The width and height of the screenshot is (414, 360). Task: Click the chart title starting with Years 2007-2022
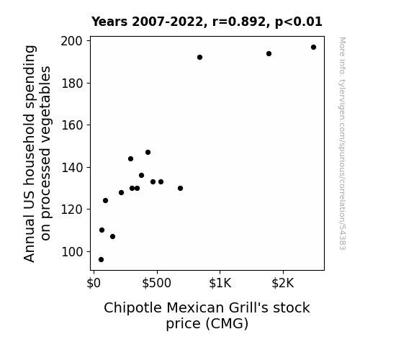click(x=207, y=22)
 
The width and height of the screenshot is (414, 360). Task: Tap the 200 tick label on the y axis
click(x=71, y=41)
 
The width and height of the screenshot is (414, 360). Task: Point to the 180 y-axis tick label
click(x=72, y=84)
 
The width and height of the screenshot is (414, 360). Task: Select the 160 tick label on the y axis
click(x=72, y=125)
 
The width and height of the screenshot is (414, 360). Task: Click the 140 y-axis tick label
click(x=72, y=168)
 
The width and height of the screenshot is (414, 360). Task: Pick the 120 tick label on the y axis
click(x=72, y=210)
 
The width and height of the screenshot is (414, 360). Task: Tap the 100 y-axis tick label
click(x=72, y=252)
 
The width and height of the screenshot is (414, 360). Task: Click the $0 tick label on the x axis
click(x=94, y=283)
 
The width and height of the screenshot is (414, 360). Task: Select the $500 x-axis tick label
click(x=156, y=283)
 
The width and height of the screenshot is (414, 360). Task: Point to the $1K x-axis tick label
click(x=220, y=283)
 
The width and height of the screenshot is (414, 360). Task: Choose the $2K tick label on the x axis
click(x=283, y=283)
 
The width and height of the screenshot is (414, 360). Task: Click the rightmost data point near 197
click(x=313, y=48)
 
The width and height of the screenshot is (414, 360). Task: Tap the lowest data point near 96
click(x=101, y=260)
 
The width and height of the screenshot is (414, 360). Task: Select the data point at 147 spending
click(x=148, y=153)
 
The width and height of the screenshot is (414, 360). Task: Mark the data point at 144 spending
click(x=130, y=158)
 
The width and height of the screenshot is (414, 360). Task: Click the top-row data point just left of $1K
click(x=199, y=58)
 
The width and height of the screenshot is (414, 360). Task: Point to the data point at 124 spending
click(x=105, y=200)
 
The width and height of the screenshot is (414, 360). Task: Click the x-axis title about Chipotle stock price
click(x=207, y=315)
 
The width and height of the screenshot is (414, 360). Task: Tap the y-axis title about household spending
click(x=37, y=153)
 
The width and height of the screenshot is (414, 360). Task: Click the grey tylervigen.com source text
click(x=342, y=143)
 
